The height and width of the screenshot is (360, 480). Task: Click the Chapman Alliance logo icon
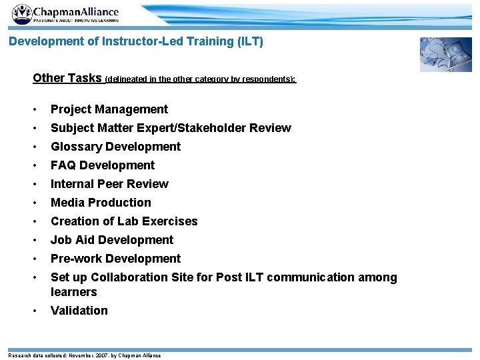(21, 14)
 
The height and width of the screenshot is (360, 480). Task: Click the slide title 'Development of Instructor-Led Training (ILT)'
(136, 41)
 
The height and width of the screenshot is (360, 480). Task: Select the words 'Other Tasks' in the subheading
(67, 78)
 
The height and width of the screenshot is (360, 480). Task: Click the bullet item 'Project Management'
(109, 109)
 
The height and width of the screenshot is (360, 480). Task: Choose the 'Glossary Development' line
(115, 147)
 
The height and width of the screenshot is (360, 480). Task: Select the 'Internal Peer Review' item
(109, 184)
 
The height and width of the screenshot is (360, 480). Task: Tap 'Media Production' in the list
(101, 203)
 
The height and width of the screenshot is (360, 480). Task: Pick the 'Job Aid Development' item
(112, 240)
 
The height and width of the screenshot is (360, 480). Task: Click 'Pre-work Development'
(115, 259)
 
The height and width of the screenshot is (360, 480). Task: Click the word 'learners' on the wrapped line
(74, 292)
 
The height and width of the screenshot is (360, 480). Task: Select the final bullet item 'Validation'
(79, 311)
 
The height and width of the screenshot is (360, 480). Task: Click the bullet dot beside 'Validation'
(35, 311)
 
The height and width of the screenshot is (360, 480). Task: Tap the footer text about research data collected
(84, 355)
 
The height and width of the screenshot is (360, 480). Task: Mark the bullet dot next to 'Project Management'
(35, 109)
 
